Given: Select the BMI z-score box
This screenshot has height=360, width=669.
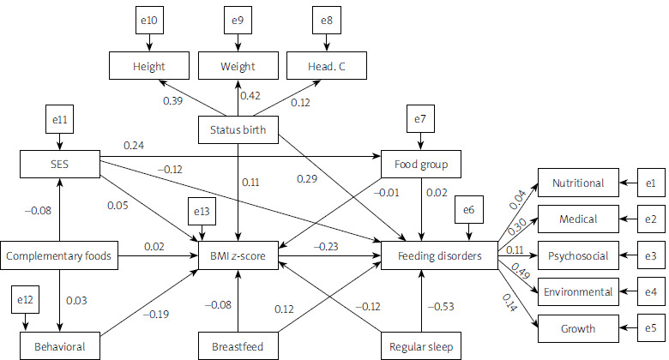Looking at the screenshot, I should [x=237, y=255].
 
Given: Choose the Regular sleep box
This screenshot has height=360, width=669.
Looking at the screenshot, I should [x=420, y=347].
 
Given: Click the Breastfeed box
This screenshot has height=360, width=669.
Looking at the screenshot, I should [x=236, y=347].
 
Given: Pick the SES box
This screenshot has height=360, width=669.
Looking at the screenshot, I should [x=58, y=163].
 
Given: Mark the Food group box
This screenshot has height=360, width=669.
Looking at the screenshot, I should [x=421, y=163].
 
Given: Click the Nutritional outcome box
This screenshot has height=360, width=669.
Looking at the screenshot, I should [x=577, y=183].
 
